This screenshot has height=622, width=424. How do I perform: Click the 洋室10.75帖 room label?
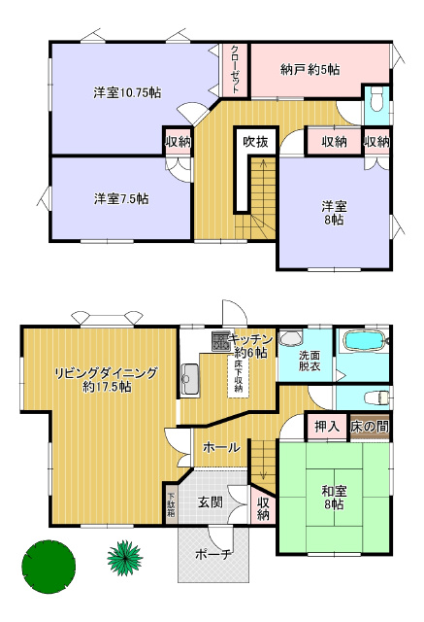(x=127, y=93)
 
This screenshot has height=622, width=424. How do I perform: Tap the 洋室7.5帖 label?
(x=121, y=198)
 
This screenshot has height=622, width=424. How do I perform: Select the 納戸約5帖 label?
(x=310, y=70)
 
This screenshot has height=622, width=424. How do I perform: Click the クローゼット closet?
(x=235, y=70)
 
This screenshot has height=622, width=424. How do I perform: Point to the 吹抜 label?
(x=255, y=142)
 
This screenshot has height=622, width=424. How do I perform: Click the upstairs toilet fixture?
(x=376, y=99)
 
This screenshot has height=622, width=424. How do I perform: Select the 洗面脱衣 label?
(x=310, y=361)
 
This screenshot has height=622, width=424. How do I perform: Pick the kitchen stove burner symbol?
(x=220, y=341)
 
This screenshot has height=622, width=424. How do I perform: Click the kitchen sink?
(x=190, y=379)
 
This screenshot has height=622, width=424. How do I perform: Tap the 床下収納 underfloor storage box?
(x=238, y=376)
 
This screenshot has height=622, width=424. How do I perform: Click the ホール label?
(x=221, y=447)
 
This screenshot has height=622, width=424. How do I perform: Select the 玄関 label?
(x=211, y=502)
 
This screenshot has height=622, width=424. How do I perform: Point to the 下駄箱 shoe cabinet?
(x=171, y=504)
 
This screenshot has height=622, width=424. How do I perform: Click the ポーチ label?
(x=213, y=554)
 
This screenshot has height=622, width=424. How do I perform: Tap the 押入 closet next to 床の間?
(x=327, y=427)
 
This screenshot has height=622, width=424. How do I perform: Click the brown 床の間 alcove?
(x=370, y=427)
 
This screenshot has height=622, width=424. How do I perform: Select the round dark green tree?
(x=49, y=567)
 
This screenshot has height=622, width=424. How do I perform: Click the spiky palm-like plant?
(x=125, y=557)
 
